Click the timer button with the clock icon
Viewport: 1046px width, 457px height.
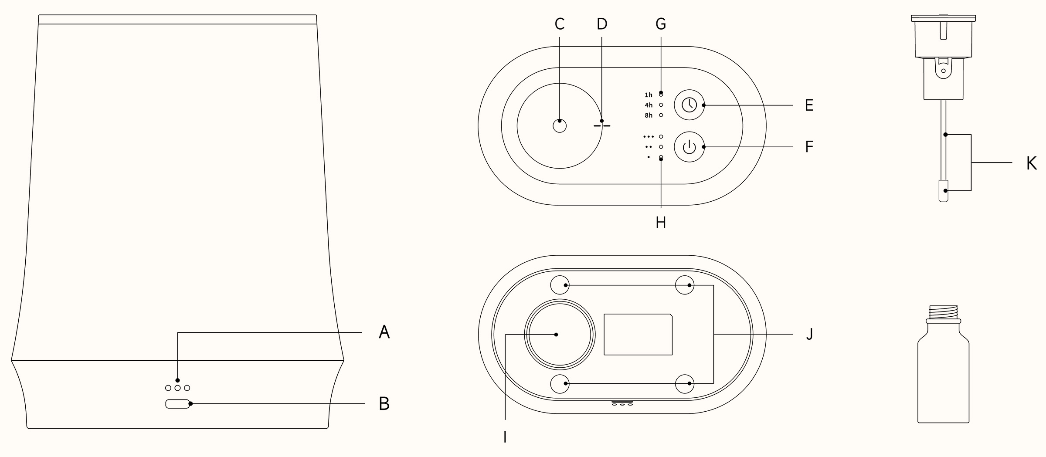click(x=689, y=105)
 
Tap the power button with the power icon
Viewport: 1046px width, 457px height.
click(x=689, y=147)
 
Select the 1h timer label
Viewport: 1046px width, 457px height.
click(x=649, y=95)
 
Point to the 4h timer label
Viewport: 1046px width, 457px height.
click(x=649, y=105)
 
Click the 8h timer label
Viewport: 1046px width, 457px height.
click(x=649, y=115)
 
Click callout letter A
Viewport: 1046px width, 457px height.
click(x=384, y=332)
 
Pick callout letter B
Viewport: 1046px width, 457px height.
click(x=384, y=404)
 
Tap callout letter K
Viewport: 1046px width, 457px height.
click(x=1031, y=163)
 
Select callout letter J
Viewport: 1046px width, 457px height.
click(x=809, y=334)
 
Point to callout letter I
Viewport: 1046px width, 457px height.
click(x=505, y=437)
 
